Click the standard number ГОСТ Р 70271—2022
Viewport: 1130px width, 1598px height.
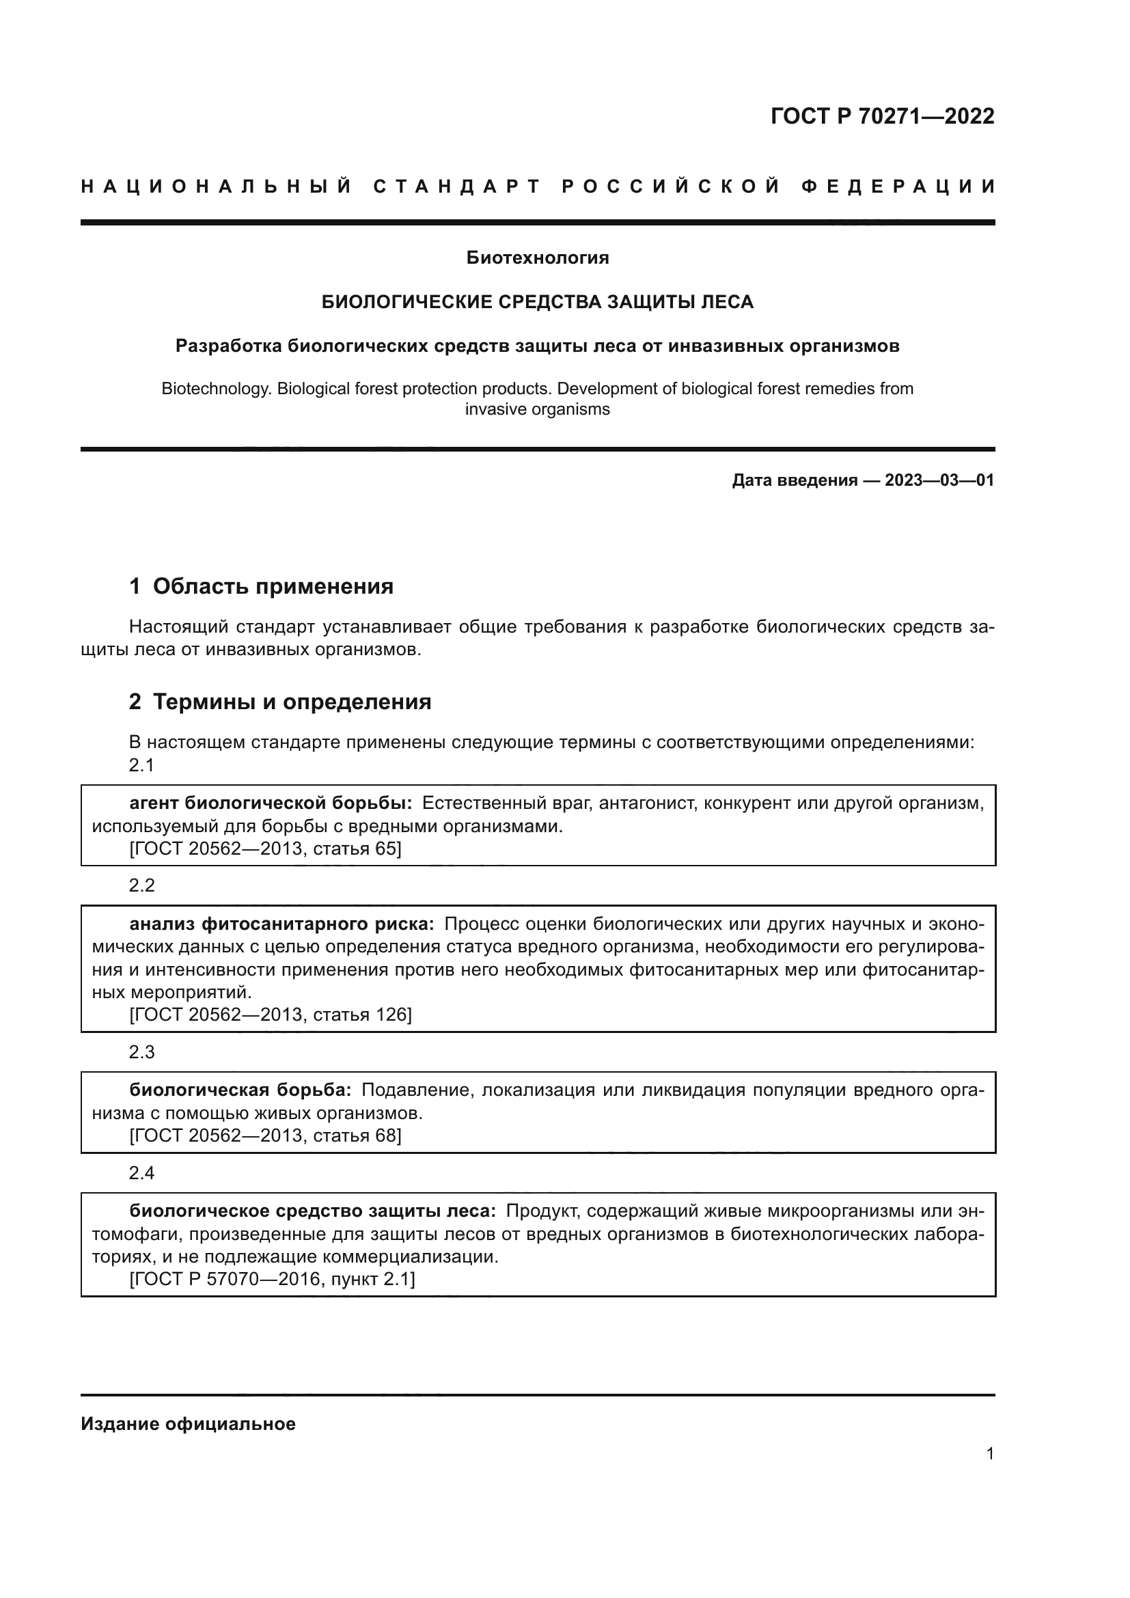point(881,115)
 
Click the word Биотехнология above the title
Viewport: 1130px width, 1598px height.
point(537,258)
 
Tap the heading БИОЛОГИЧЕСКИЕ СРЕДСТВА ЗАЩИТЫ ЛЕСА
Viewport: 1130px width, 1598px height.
point(537,301)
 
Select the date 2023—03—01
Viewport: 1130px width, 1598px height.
point(939,480)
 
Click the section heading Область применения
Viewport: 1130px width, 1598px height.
point(273,586)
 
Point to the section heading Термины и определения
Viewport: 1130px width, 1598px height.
point(292,702)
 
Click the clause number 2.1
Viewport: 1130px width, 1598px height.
point(141,765)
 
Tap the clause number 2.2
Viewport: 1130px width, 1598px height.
point(141,885)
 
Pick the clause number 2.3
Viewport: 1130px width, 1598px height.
point(141,1051)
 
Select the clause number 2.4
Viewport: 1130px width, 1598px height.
point(141,1173)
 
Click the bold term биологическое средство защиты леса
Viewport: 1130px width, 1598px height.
point(312,1211)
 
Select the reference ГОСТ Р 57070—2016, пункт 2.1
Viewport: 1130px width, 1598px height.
point(272,1278)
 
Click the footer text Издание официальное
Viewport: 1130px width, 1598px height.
point(188,1424)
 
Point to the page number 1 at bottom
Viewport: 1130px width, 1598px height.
point(989,1453)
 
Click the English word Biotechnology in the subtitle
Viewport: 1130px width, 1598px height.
point(216,388)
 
